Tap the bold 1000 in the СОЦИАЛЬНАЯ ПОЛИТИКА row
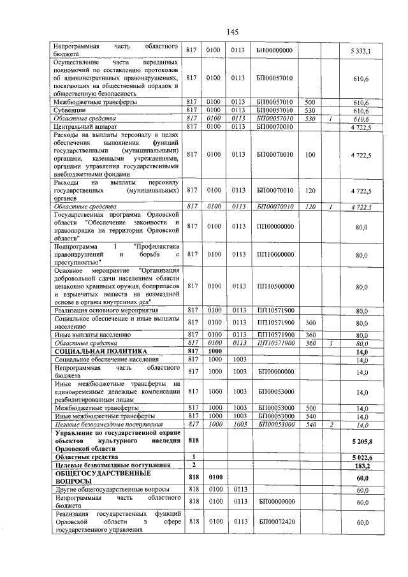click(x=214, y=351)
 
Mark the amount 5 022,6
click(x=361, y=457)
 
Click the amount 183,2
click(x=363, y=465)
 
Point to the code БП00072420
click(x=275, y=522)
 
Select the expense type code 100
click(x=310, y=155)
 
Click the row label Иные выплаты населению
click(x=92, y=334)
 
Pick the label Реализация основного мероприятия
click(x=106, y=310)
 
